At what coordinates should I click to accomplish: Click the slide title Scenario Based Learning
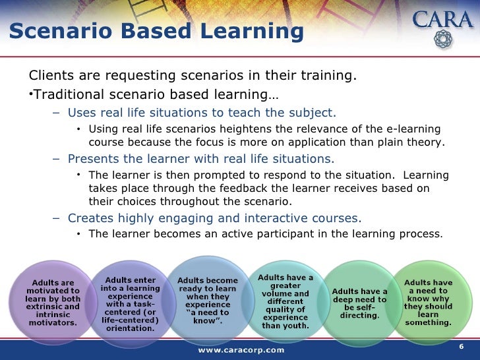(x=157, y=31)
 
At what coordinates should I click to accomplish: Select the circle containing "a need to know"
(x=208, y=301)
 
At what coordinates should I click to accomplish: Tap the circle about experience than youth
(x=285, y=301)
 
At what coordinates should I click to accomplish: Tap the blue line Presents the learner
(x=200, y=159)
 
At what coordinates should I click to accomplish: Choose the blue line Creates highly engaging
(x=214, y=218)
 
